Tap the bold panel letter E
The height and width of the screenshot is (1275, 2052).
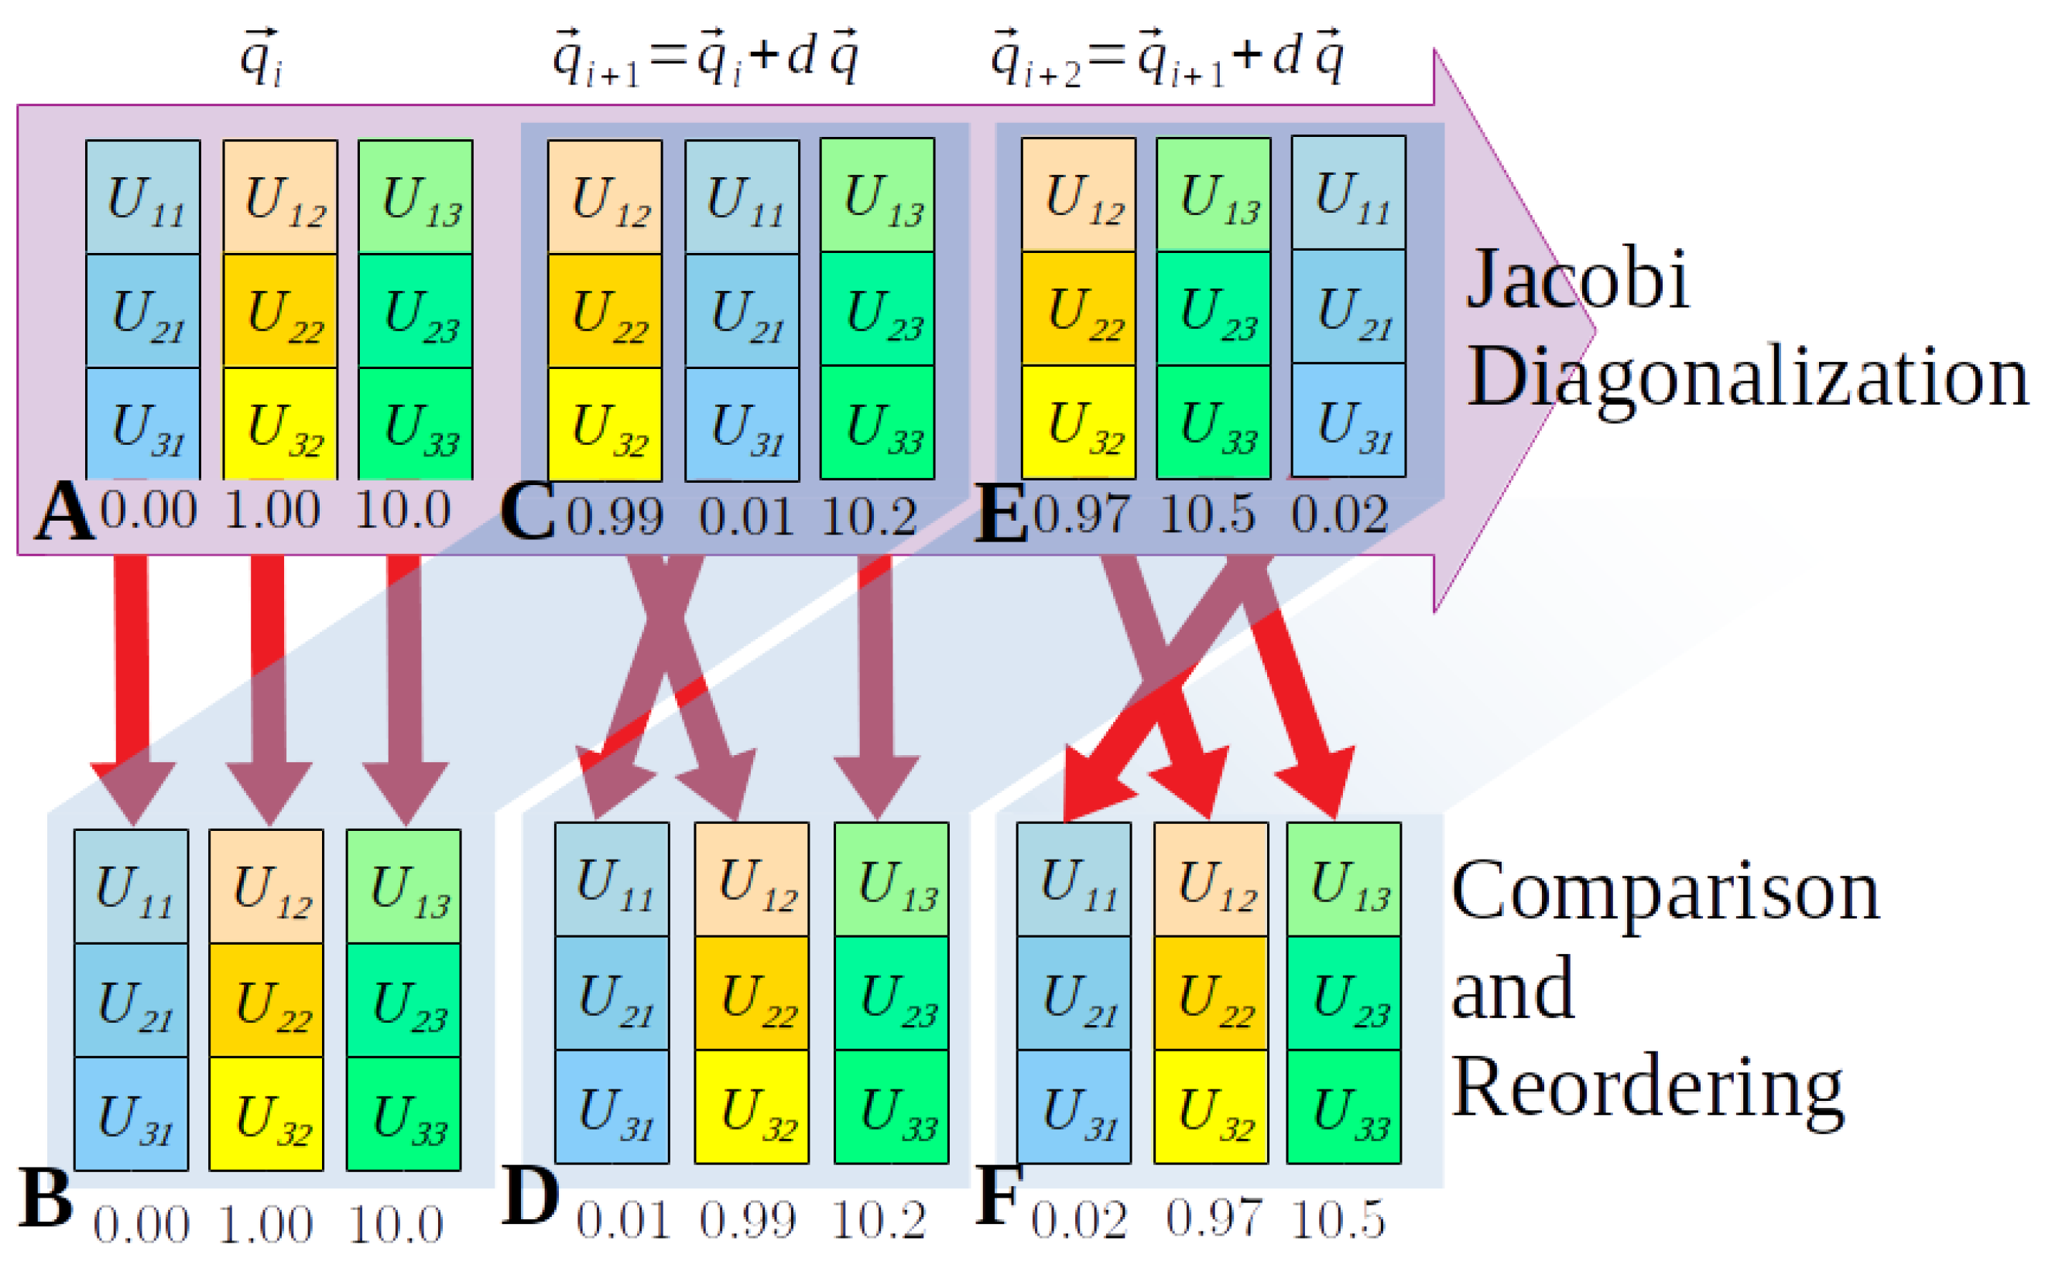click(1001, 513)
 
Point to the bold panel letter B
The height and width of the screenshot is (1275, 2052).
click(45, 1198)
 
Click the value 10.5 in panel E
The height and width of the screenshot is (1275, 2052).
click(1208, 514)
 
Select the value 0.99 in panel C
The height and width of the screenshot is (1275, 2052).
click(614, 516)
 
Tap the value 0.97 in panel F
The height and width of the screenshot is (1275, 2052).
click(1214, 1219)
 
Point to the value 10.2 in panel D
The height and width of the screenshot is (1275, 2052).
click(878, 1219)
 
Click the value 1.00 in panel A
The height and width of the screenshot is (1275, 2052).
click(272, 510)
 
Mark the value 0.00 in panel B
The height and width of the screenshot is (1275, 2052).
click(141, 1225)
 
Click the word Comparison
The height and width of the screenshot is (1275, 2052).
click(1666, 892)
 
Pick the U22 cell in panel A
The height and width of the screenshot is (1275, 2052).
click(280, 311)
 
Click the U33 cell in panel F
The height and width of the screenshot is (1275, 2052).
click(1344, 1107)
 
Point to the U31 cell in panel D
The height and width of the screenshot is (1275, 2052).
click(612, 1107)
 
